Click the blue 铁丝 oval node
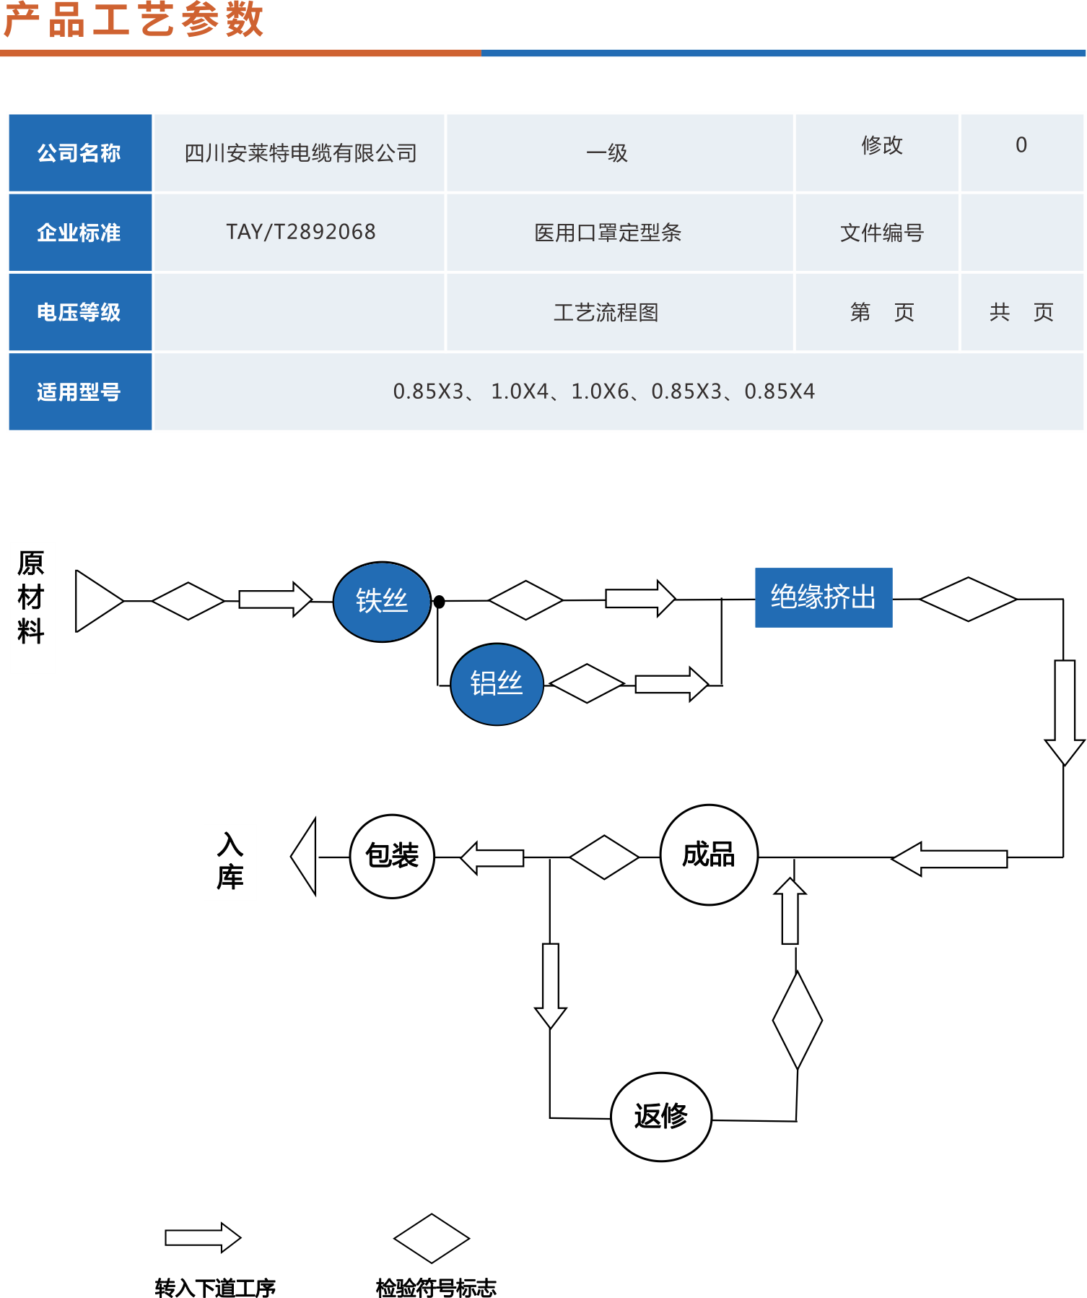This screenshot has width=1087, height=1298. coord(382,601)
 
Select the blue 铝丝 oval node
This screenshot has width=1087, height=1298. coord(497,683)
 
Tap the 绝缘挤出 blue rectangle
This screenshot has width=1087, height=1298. coord(824,597)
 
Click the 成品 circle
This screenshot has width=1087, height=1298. coord(709,854)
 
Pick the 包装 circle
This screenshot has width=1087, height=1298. coord(392,856)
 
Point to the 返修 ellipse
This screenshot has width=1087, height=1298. coord(661,1116)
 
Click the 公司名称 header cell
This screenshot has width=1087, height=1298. coord(79,153)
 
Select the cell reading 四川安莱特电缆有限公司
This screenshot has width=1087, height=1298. coord(300,153)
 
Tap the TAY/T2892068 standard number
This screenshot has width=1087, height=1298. coord(300,232)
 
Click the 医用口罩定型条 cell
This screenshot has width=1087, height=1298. coord(608,233)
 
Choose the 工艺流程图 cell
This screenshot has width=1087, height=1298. coord(606,312)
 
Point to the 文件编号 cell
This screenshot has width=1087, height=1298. coord(881,233)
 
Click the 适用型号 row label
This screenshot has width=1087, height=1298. coord(79,391)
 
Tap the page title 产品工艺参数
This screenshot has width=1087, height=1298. coord(134,20)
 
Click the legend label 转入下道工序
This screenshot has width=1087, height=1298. coord(215,1287)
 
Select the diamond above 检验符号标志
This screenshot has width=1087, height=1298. coord(432,1238)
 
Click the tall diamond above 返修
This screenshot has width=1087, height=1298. coord(797,1020)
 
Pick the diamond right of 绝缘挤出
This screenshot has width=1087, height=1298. coord(968,599)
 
